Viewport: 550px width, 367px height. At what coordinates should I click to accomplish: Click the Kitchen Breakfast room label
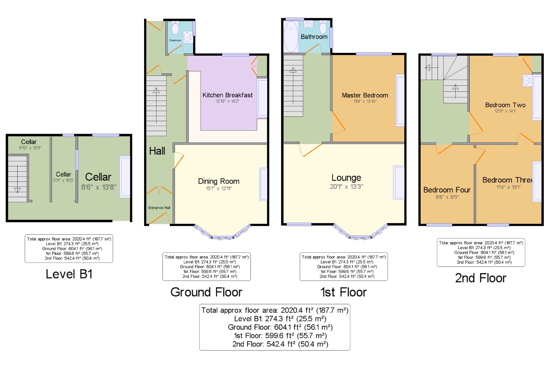coord(227,95)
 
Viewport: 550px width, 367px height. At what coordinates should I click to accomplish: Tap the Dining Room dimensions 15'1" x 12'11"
coord(219,188)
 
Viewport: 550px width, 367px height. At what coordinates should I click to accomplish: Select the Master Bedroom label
coord(365,95)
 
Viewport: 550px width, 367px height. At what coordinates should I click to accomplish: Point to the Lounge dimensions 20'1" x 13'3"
coord(346,186)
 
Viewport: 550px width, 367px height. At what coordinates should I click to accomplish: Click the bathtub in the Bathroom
coord(291,36)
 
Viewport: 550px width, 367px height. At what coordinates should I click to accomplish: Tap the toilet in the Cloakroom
coord(175,28)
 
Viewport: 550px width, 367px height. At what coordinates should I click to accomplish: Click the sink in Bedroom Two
coord(527,81)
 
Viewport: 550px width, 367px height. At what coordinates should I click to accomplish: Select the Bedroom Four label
coord(447,190)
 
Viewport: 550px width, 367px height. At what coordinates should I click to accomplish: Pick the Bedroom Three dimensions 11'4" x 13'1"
coord(508,187)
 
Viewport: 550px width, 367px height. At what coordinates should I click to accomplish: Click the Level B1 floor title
coord(69,274)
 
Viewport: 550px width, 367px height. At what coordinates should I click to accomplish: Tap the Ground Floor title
coord(206,292)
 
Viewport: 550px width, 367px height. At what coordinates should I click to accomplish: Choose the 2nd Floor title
coord(481,278)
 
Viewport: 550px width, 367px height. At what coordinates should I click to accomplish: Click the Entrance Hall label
coord(159,208)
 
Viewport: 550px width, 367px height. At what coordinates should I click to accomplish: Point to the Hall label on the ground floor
coord(157,151)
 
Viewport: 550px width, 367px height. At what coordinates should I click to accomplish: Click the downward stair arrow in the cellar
coord(17,179)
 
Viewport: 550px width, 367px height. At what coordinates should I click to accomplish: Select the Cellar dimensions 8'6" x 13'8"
coord(99,187)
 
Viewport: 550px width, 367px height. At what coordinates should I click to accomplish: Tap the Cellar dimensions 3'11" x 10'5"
coord(64,180)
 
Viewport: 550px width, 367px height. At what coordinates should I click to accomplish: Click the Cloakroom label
coord(175,40)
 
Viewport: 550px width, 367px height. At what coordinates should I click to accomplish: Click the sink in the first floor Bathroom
coord(308,25)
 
